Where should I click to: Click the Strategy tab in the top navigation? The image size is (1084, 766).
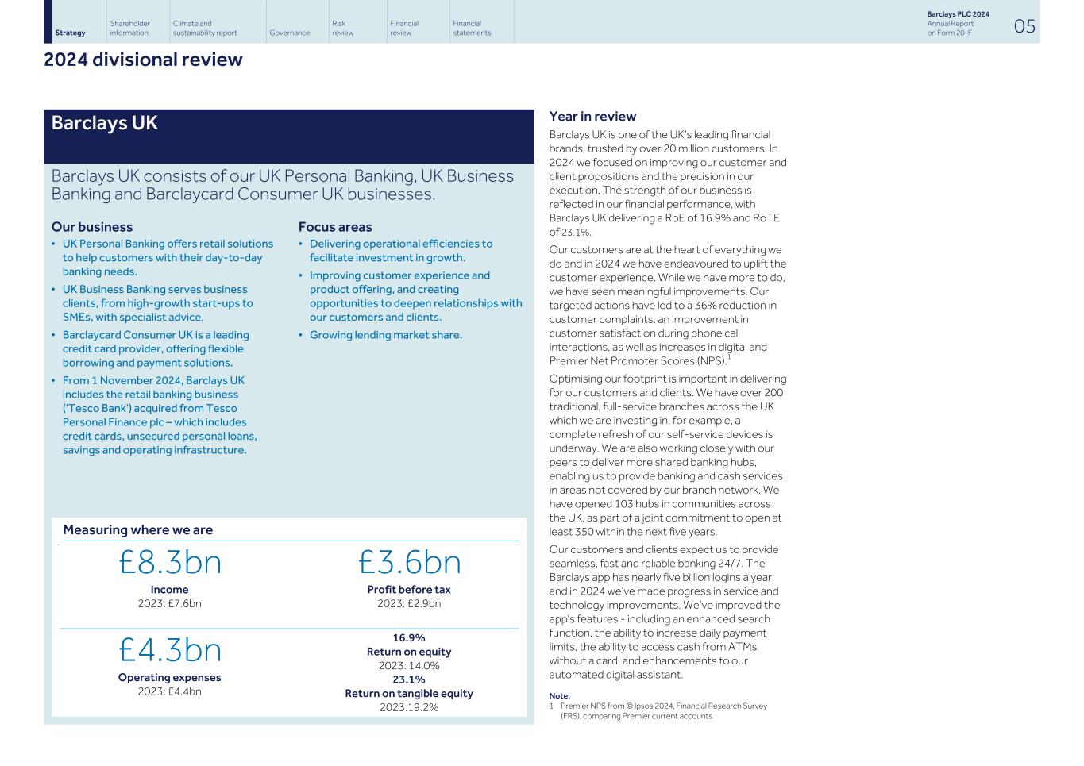(70, 33)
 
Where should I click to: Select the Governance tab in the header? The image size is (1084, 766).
(289, 33)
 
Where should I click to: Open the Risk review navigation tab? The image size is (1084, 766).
(342, 28)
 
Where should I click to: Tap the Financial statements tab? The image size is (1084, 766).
(472, 28)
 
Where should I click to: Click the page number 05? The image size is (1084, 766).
(1024, 27)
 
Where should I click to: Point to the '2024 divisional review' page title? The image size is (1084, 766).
(143, 60)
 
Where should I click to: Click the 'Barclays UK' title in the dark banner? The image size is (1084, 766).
(104, 123)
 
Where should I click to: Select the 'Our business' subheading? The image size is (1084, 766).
(92, 227)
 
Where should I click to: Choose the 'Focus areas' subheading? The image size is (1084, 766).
(335, 227)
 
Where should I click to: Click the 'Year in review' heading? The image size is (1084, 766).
(592, 117)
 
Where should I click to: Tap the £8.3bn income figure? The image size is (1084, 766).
(170, 562)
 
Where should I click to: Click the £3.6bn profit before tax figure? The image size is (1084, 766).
(409, 562)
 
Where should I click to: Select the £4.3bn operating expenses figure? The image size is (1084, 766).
(170, 650)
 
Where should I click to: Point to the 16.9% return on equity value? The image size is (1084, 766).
(409, 637)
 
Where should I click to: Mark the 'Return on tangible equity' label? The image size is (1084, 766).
(409, 693)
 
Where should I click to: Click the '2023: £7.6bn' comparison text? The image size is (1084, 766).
(170, 603)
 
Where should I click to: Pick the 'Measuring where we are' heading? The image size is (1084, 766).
(137, 529)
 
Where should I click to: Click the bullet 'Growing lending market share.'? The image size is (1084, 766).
(385, 335)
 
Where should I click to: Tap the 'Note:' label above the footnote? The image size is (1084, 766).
(560, 695)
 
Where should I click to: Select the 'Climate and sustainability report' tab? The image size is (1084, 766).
(204, 28)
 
